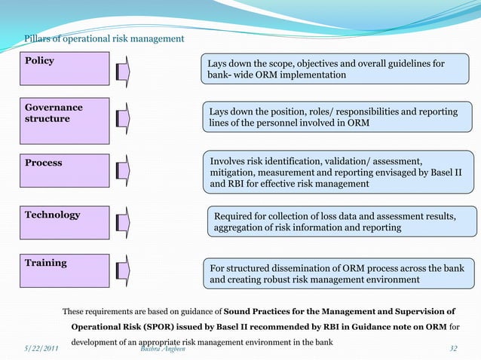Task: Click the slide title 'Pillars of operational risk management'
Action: pyautogui.click(x=103, y=38)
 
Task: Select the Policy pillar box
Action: pyautogui.click(x=66, y=69)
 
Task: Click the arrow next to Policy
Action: pyautogui.click(x=124, y=72)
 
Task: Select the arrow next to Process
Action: pyautogui.click(x=124, y=172)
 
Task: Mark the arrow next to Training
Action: pyautogui.click(x=124, y=273)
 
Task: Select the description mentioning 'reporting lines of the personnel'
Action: pyautogui.click(x=339, y=117)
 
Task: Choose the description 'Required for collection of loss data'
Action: pyautogui.click(x=341, y=221)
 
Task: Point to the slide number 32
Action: pyautogui.click(x=453, y=349)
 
